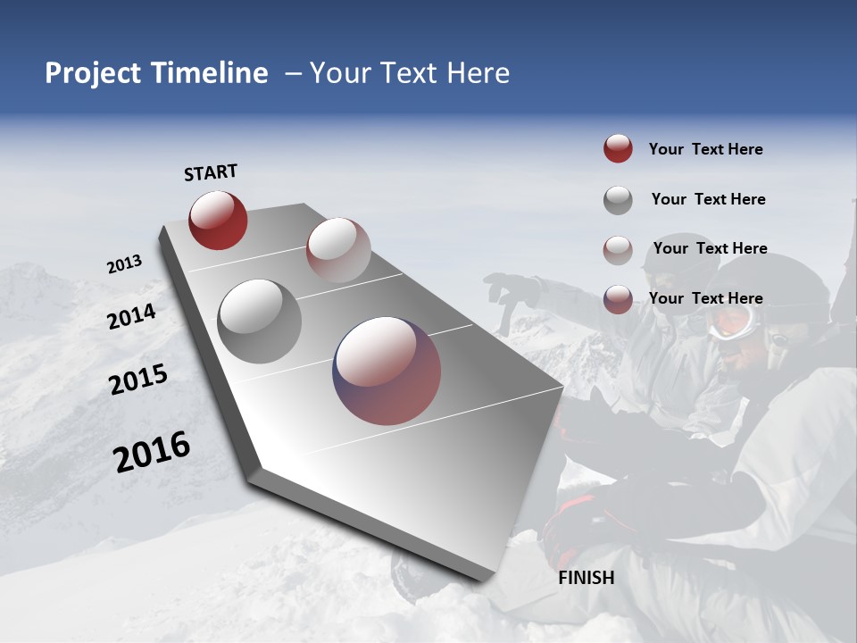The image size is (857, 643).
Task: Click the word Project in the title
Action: pyautogui.click(x=93, y=73)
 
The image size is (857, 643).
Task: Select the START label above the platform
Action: pyautogui.click(x=211, y=172)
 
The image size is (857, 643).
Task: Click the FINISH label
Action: pyautogui.click(x=587, y=578)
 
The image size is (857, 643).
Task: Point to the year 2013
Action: pyautogui.click(x=124, y=264)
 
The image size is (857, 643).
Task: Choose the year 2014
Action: pyautogui.click(x=132, y=316)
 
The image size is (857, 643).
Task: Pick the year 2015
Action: pyautogui.click(x=138, y=380)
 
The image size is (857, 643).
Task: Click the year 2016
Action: pyautogui.click(x=152, y=451)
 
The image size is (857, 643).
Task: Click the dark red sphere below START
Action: pyautogui.click(x=218, y=220)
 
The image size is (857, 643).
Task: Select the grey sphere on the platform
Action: pyautogui.click(x=260, y=321)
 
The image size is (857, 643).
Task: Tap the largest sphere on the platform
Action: pyautogui.click(x=387, y=371)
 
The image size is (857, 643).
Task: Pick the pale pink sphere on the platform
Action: pyautogui.click(x=338, y=250)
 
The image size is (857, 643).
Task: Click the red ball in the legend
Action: pyautogui.click(x=618, y=149)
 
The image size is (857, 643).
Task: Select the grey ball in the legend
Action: pyautogui.click(x=618, y=200)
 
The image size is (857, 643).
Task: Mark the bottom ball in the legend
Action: pyautogui.click(x=618, y=299)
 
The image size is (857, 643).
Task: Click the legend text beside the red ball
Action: pyautogui.click(x=705, y=150)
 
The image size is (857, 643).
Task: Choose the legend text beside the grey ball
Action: pyautogui.click(x=708, y=200)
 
